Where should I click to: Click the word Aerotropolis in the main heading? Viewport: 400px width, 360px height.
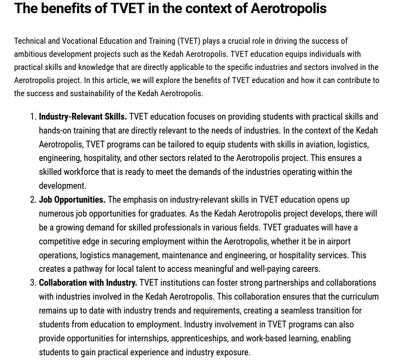(288, 8)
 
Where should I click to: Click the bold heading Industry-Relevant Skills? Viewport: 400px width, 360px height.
(83, 117)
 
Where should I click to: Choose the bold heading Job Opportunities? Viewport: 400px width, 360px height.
(72, 199)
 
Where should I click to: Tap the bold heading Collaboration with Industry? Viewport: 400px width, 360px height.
(88, 283)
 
